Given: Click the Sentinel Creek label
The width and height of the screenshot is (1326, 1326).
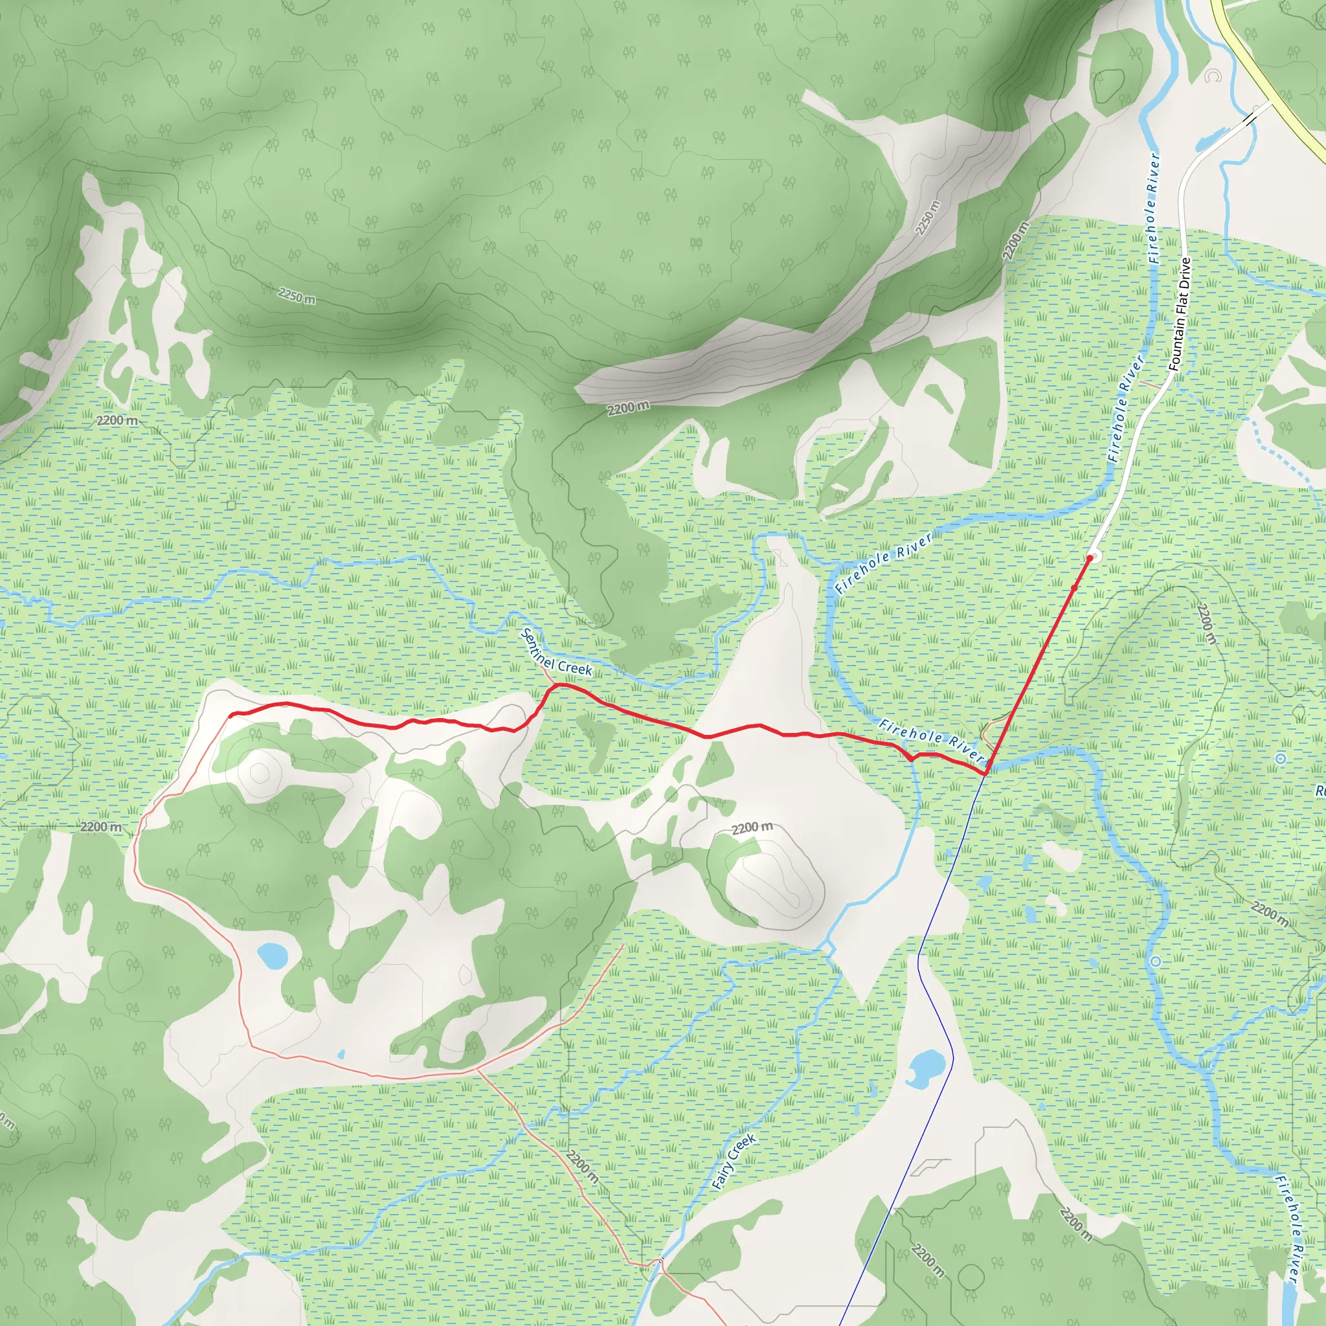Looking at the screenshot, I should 557,651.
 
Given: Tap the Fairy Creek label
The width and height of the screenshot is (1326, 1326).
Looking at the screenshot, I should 734,1162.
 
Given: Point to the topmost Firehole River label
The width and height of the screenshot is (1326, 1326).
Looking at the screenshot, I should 1154,208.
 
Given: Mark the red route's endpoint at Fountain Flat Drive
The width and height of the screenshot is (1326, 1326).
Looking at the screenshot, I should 1089,558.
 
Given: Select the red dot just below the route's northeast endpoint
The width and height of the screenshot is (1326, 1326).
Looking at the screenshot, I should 1074,587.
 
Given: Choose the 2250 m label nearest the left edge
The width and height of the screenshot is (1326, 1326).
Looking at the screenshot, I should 297,297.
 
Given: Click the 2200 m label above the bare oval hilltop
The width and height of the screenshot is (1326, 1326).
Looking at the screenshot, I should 752,828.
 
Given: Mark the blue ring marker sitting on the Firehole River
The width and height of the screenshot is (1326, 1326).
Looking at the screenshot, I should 1156,961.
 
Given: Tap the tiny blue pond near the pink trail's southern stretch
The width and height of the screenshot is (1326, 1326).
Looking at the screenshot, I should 341,1053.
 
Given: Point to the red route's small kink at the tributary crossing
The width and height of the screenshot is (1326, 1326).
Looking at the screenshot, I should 911,757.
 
